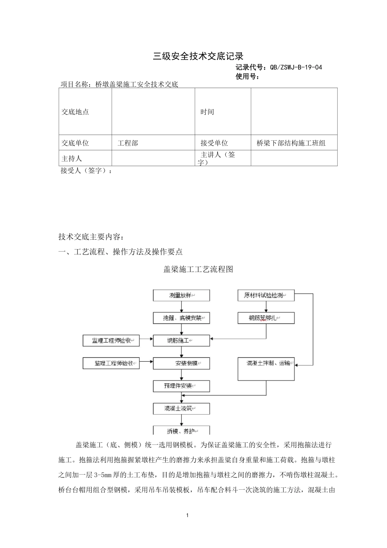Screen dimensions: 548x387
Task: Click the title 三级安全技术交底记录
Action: click(198, 56)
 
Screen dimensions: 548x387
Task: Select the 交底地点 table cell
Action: click(75, 112)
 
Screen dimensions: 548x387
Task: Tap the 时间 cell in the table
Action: click(207, 112)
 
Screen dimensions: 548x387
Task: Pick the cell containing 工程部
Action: click(128, 143)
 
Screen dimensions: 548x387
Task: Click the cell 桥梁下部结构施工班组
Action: click(291, 143)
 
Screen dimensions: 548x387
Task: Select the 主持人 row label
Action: click(72, 158)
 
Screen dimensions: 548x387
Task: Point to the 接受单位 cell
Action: click(214, 143)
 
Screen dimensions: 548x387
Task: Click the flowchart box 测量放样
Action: click(181, 295)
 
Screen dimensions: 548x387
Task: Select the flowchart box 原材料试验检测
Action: click(266, 295)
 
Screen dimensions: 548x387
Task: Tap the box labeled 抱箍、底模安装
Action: click(181, 318)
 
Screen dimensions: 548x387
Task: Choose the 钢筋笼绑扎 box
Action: click(266, 318)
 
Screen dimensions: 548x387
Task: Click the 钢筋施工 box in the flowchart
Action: click(181, 340)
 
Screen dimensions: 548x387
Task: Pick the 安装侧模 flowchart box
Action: click(181, 363)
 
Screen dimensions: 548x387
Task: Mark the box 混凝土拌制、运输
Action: click(266, 369)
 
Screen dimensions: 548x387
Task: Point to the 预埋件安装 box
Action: click(181, 386)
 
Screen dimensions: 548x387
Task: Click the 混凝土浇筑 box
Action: click(181, 408)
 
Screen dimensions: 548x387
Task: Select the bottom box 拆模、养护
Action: click(181, 431)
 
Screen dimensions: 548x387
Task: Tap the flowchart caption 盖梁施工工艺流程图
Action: click(198, 270)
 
